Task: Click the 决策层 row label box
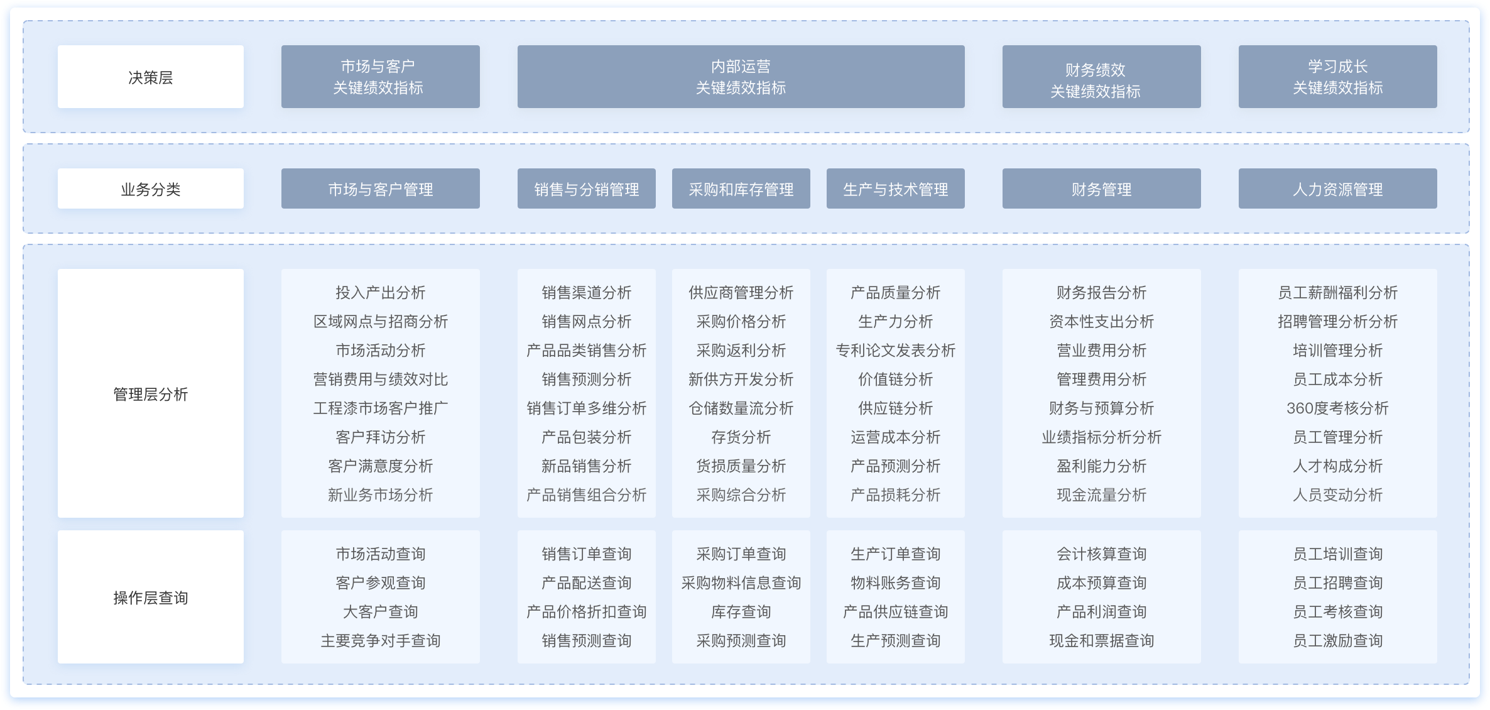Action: [x=151, y=77]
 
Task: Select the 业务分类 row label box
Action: [x=151, y=188]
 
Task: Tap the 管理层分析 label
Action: [x=151, y=394]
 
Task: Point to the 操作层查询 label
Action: [x=151, y=598]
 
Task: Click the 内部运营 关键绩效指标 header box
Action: [x=741, y=77]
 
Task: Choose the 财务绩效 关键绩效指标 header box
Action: [x=1102, y=77]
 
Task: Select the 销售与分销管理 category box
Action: [x=587, y=188]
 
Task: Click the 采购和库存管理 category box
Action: [x=741, y=188]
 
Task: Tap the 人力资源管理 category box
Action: [x=1338, y=188]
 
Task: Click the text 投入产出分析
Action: [x=381, y=292]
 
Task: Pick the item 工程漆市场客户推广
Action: [x=381, y=408]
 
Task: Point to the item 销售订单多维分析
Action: [x=587, y=408]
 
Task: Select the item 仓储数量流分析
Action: [x=741, y=408]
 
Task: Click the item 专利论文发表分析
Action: [x=896, y=350]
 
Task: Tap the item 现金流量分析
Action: [x=1102, y=494]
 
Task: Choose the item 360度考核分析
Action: [x=1338, y=408]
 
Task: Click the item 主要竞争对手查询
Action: [x=381, y=640]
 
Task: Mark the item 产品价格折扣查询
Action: [x=587, y=611]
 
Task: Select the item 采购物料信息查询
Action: [x=741, y=582]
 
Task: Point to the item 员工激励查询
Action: [x=1338, y=640]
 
